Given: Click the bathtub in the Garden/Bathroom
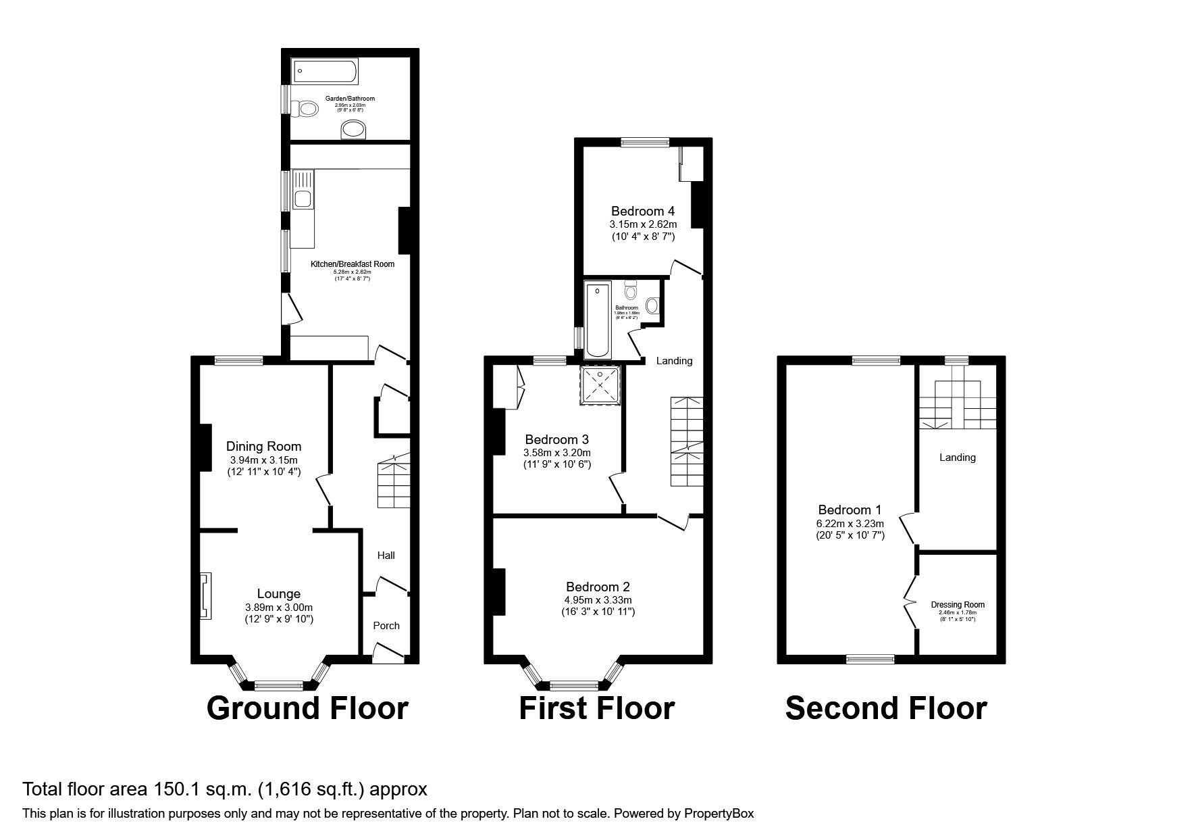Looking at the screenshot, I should click(x=325, y=70).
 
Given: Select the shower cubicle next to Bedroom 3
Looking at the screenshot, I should click(x=600, y=385).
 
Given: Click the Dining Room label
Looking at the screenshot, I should click(x=263, y=446).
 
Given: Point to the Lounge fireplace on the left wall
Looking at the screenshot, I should click(x=205, y=595).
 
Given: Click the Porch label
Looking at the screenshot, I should click(x=386, y=626).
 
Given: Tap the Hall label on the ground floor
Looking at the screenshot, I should click(x=386, y=556).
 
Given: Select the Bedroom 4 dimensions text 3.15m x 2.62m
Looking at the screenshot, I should click(x=643, y=224).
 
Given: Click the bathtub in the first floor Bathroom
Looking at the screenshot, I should click(x=597, y=320).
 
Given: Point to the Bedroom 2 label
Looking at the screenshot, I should click(x=598, y=587).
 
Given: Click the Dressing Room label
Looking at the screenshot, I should click(x=957, y=605).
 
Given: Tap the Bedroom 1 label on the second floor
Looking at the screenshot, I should click(x=850, y=510).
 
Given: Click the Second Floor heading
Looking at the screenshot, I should click(x=885, y=708).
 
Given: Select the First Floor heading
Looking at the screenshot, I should click(x=596, y=708).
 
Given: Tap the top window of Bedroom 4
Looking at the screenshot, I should click(x=645, y=142).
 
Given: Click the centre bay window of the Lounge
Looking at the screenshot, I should click(x=278, y=687).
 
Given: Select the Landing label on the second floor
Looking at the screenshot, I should click(x=957, y=458).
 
